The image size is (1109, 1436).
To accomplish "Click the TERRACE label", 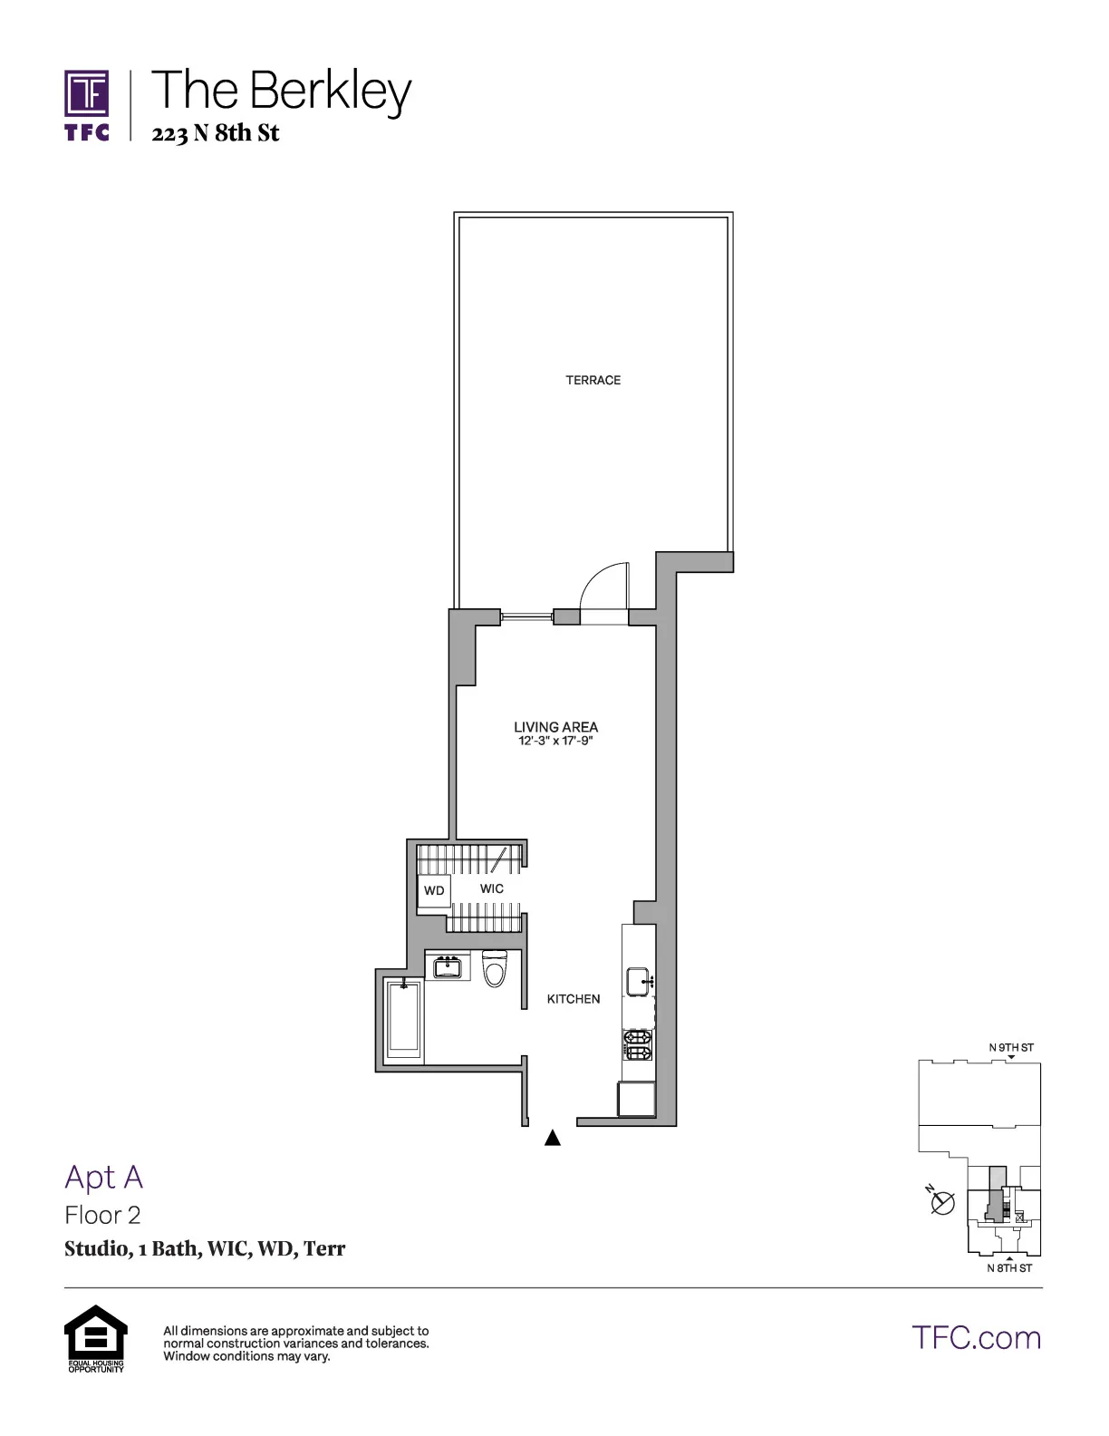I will pos(593,381).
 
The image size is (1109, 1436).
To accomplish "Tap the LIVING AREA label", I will pos(555,727).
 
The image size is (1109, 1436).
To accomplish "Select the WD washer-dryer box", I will pos(434,890).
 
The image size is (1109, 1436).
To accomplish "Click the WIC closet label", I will pos(492,889).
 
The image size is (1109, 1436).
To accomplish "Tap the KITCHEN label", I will pos(574,999).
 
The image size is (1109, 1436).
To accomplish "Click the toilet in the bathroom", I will pos(495,968).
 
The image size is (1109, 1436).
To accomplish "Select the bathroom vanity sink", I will pos(447,967).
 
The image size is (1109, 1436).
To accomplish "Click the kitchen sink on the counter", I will pos(639,980).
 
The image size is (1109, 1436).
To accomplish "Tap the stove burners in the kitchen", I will pos(638,1045).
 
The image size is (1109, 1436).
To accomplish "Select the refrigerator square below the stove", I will pos(637,1099).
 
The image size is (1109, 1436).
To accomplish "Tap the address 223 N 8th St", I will pos(216,134).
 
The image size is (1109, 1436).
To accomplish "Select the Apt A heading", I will pos(104,1177).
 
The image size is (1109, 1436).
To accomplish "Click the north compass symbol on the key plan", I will pos(943,1203).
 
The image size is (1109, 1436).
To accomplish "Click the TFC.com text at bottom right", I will pos(976,1337).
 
